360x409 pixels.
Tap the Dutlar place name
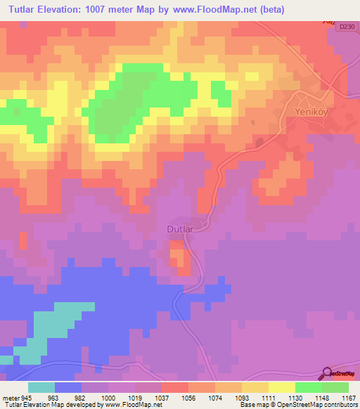(x=180, y=228)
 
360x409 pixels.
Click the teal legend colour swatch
(x=41, y=387)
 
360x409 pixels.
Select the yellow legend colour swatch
(x=282, y=387)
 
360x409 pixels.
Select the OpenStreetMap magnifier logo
(x=327, y=373)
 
